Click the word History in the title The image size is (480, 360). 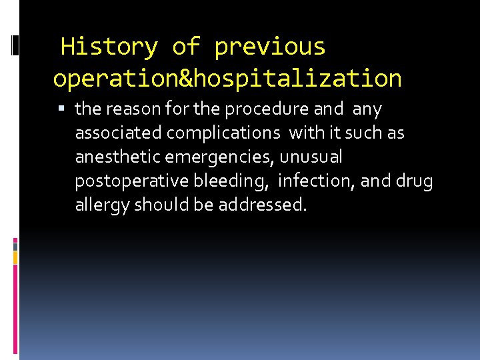(109, 47)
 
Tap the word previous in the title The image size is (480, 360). (270, 47)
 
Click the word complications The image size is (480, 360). (223, 133)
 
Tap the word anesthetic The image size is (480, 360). (116, 157)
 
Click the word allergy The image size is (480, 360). (102, 205)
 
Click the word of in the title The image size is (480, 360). (186, 47)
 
